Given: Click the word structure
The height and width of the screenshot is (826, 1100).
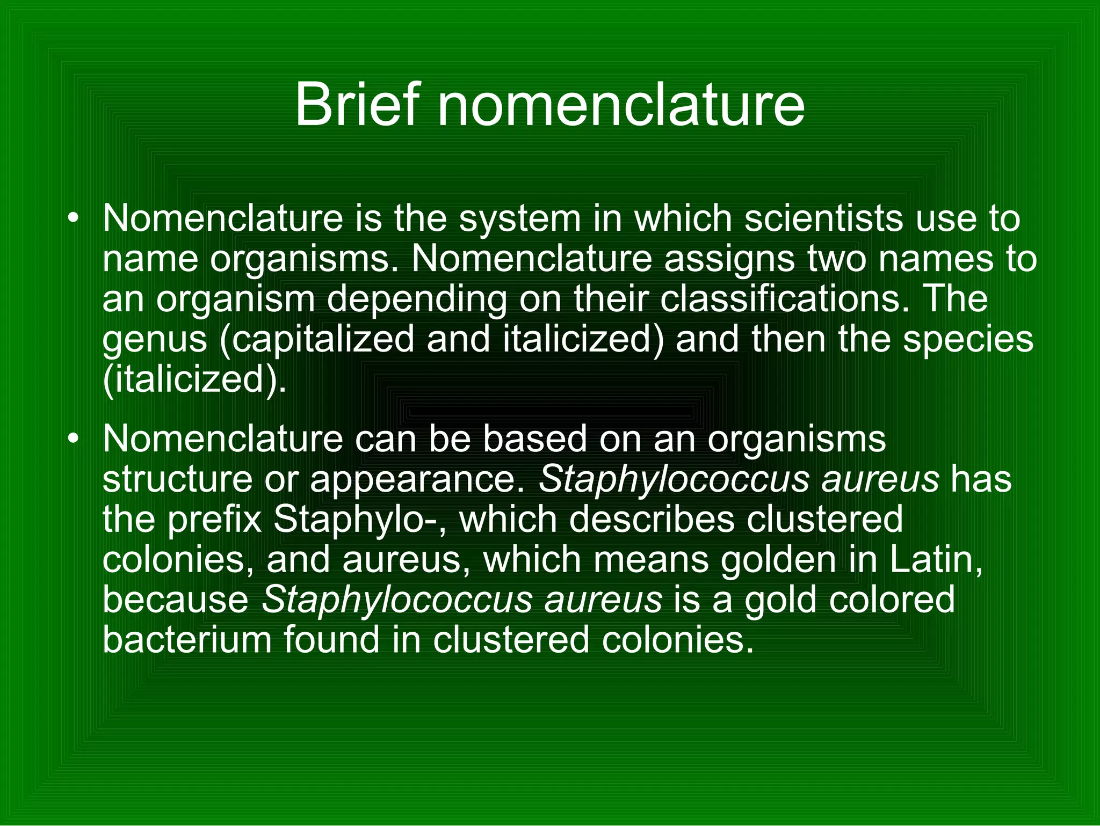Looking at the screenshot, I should (x=177, y=479).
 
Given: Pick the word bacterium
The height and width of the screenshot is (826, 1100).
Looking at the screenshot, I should (x=187, y=640).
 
